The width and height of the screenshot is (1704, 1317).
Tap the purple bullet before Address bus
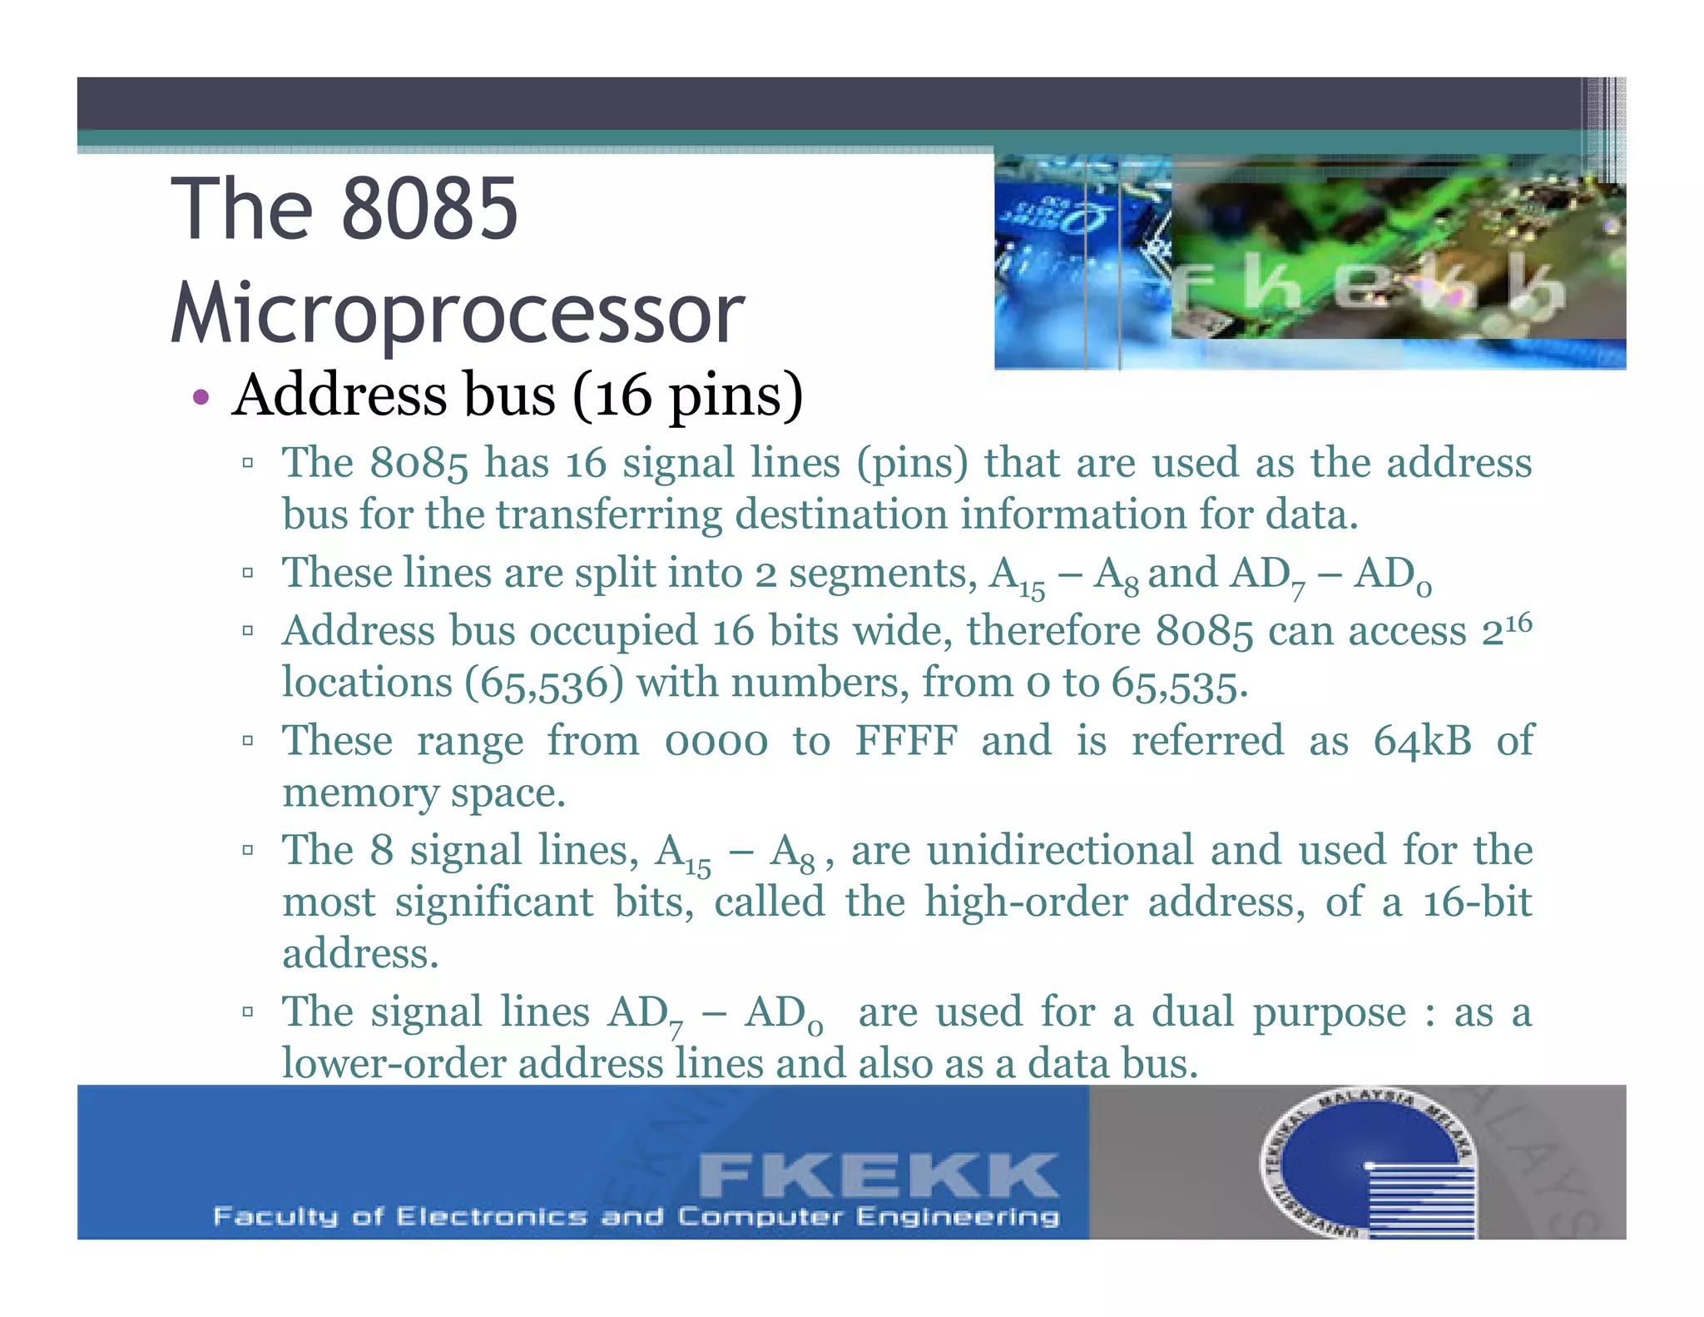(200, 396)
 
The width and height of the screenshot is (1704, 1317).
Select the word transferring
(609, 514)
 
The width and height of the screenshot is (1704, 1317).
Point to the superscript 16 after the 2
(1518, 622)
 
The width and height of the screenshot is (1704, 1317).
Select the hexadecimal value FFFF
(906, 740)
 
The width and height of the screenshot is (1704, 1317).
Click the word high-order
(1026, 902)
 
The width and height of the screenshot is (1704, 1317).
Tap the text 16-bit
(1477, 902)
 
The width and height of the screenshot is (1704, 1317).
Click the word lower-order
(393, 1064)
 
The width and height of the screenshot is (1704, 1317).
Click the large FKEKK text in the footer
(878, 1175)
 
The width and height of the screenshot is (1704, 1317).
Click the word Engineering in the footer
(958, 1217)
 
